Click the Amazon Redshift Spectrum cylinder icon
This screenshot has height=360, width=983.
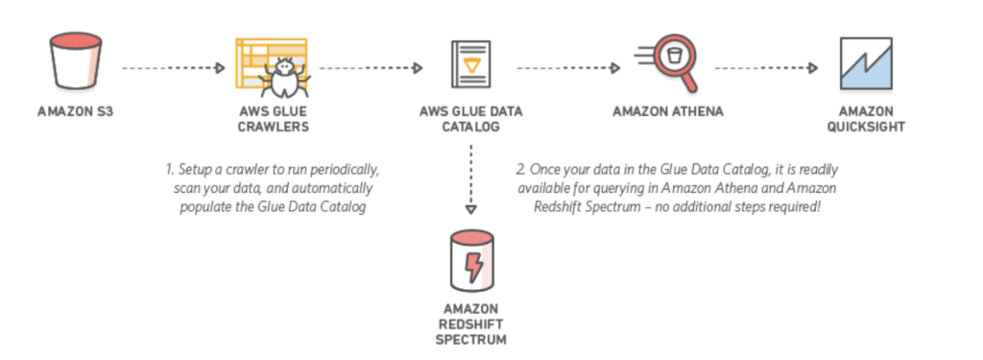click(470, 259)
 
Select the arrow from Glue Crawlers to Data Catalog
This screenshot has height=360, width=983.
click(371, 69)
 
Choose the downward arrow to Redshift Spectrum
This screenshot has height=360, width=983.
click(470, 181)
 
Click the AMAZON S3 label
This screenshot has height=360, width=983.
click(72, 111)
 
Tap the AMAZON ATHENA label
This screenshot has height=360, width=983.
click(668, 111)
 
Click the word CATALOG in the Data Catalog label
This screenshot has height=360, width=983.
click(470, 126)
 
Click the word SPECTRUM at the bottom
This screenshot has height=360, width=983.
click(470, 340)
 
